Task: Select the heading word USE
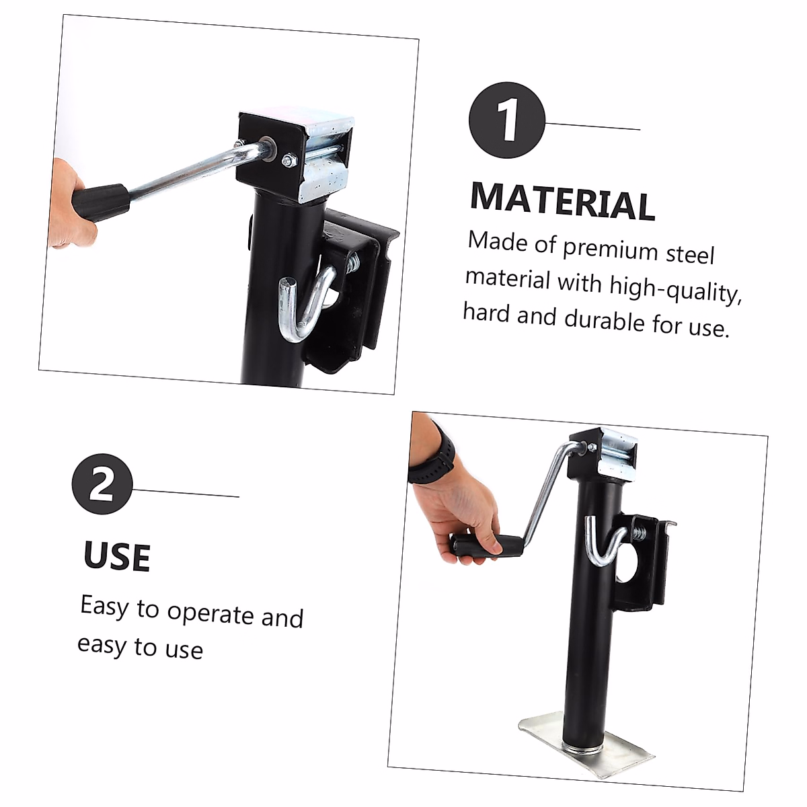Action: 117,556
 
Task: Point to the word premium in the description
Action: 609,249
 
